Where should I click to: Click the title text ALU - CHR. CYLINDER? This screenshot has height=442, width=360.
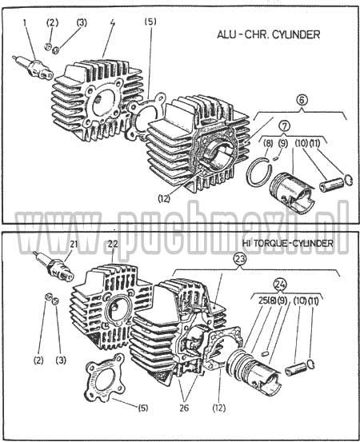pyautogui.click(x=268, y=35)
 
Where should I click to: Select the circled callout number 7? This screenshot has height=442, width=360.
pyautogui.click(x=284, y=125)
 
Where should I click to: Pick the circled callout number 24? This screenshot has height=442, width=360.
pyautogui.click(x=280, y=284)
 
